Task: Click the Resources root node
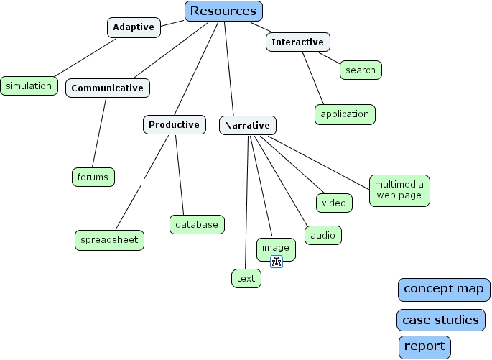click(223, 11)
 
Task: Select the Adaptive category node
click(134, 28)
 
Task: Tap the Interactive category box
click(297, 42)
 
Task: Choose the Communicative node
click(108, 88)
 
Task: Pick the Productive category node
click(174, 125)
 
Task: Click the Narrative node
click(247, 126)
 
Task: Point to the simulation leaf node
click(29, 86)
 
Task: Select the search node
click(361, 70)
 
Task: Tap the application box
click(345, 114)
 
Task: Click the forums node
click(93, 177)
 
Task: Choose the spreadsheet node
click(109, 240)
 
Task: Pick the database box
click(197, 224)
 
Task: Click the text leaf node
click(246, 279)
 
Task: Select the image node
click(276, 248)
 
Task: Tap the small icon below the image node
click(277, 262)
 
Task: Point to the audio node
click(322, 235)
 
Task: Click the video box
click(334, 203)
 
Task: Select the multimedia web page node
click(399, 190)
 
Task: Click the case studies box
click(440, 320)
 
